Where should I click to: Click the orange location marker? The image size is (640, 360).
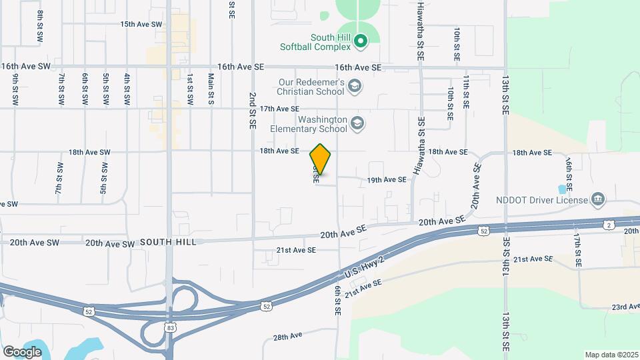click(x=320, y=159)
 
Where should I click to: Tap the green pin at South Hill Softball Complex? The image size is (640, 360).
click(x=361, y=42)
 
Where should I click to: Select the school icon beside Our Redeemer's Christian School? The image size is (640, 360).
click(x=355, y=85)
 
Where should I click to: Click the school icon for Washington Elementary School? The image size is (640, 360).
click(x=357, y=123)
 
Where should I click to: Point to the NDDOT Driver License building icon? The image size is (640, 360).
click(x=598, y=199)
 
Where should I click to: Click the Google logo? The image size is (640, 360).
click(x=22, y=351)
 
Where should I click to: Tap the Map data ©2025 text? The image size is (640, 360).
click(x=611, y=355)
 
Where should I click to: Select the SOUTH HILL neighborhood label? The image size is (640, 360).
click(x=168, y=242)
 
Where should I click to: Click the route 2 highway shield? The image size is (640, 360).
click(x=609, y=225)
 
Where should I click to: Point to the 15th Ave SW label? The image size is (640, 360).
click(x=141, y=24)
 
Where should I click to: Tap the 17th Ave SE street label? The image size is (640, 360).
click(x=279, y=109)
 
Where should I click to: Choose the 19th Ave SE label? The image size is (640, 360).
click(x=387, y=180)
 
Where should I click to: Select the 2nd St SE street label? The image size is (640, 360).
click(x=253, y=110)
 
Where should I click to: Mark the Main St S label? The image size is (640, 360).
click(x=211, y=89)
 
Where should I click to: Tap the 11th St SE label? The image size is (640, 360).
click(x=467, y=92)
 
